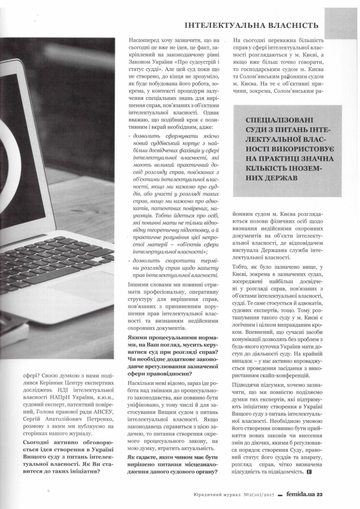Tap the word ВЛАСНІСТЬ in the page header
tap(294, 25)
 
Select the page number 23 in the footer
tap(319, 494)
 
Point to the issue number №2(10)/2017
tap(255, 495)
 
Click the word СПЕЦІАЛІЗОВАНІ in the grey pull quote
tap(274, 120)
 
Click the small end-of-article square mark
tap(309, 472)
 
